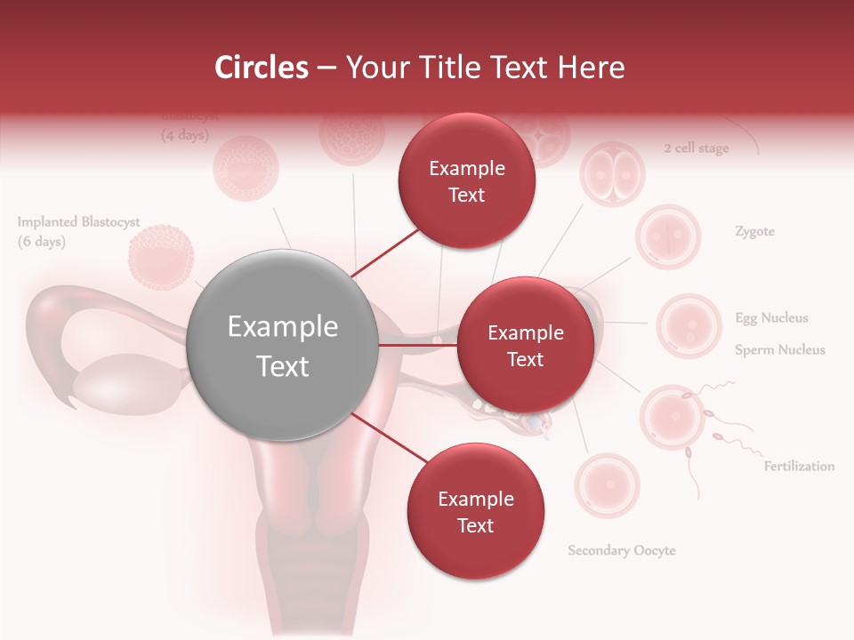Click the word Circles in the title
pos(262,68)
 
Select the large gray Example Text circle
pos(282,346)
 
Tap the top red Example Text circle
pos(466,181)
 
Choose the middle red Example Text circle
pos(525,346)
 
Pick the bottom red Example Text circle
pos(475,512)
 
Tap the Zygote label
pos(754,232)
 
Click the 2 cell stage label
pos(696,148)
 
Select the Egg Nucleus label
pos(771,318)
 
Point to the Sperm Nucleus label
pos(779,350)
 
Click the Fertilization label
pos(799,466)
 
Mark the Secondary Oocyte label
pos(622,550)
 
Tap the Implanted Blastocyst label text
pos(78,222)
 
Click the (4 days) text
pos(184,136)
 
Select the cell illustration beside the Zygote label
pos(668,236)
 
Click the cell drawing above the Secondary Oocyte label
pos(606,485)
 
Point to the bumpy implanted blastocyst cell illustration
pos(161,258)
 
